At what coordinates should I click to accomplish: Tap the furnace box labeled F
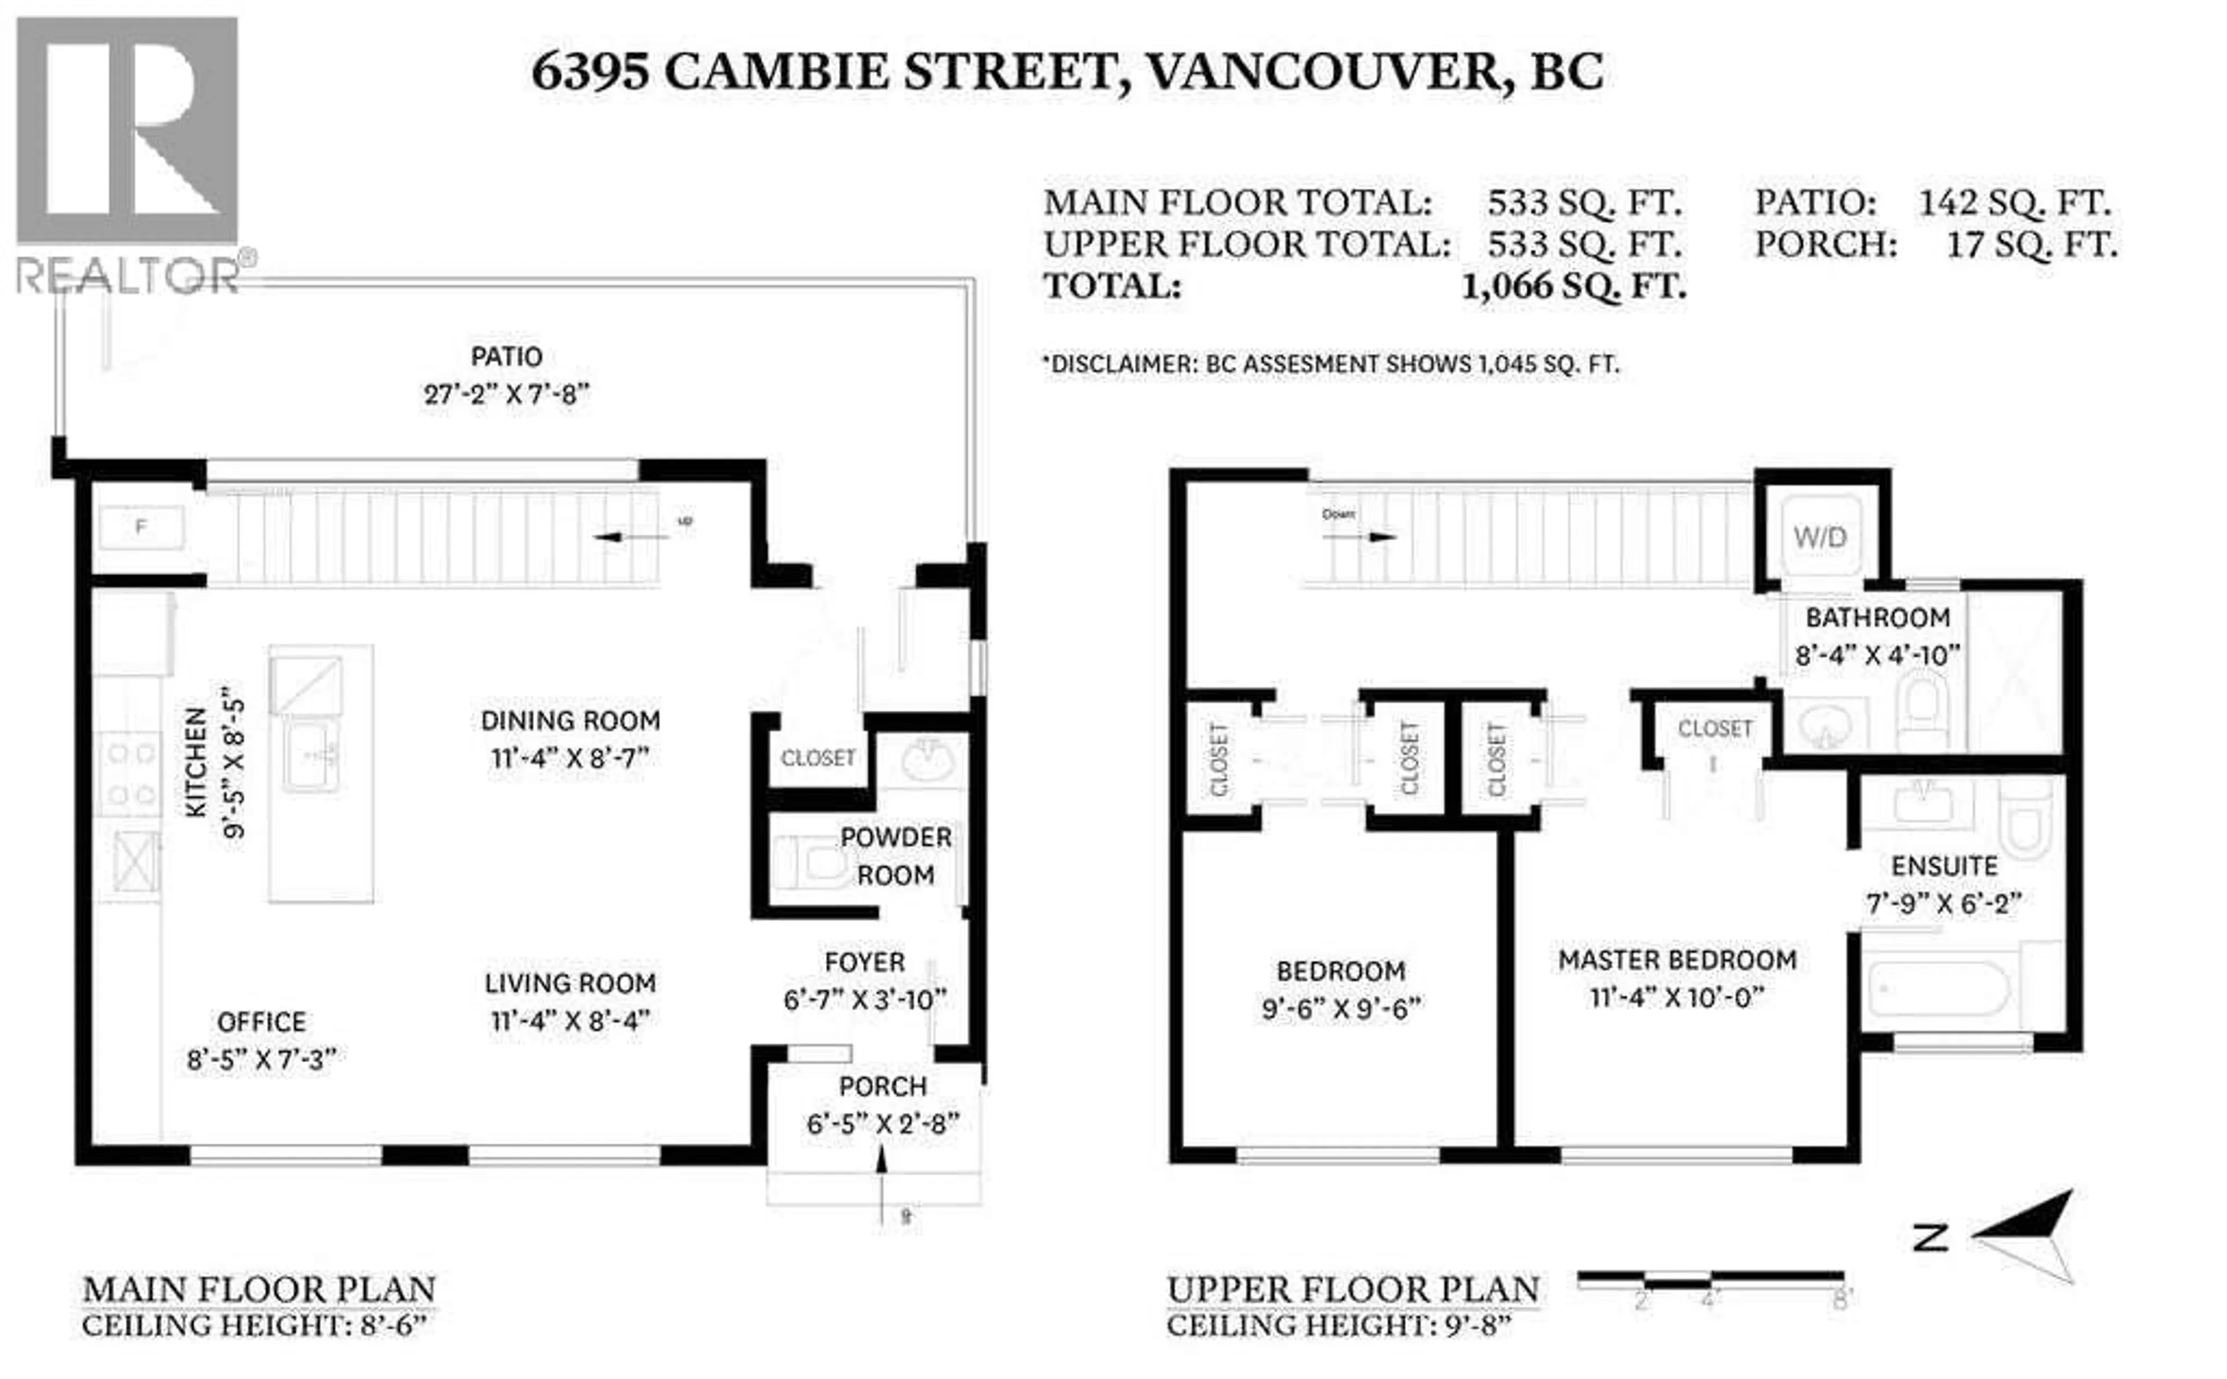(x=142, y=527)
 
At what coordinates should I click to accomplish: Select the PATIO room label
(x=506, y=357)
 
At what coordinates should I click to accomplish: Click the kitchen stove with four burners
(x=130, y=775)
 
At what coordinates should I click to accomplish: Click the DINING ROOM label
(x=570, y=720)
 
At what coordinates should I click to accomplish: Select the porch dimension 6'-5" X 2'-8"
(x=882, y=1124)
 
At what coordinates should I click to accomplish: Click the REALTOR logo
(x=128, y=155)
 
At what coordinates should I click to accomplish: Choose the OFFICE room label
(x=261, y=1021)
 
